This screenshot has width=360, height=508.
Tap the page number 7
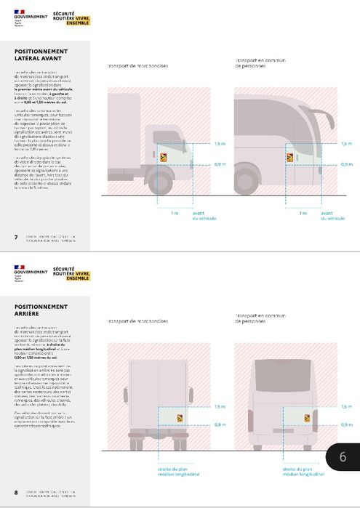pyautogui.click(x=16, y=237)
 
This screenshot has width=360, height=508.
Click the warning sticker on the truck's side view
pyautogui.click(x=164, y=155)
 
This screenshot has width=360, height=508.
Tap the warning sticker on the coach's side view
pyautogui.click(x=289, y=155)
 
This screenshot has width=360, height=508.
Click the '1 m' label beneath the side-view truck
pyautogui.click(x=173, y=213)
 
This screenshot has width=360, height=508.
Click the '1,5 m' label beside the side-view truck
pyautogui.click(x=220, y=144)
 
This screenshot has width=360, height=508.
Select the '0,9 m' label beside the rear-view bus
pyautogui.click(x=346, y=424)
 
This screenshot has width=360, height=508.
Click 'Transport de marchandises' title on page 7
pyautogui.click(x=137, y=65)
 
